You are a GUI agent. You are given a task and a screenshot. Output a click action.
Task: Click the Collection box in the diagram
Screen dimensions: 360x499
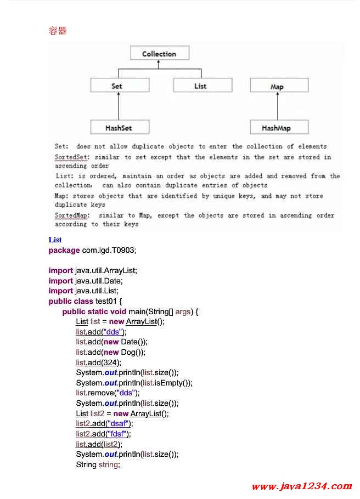coord(160,53)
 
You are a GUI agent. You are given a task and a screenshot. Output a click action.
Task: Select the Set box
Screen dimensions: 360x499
coord(120,86)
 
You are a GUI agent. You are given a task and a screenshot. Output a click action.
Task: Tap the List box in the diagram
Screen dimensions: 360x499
coord(203,86)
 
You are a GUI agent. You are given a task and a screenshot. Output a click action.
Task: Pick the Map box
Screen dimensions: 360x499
coord(279,86)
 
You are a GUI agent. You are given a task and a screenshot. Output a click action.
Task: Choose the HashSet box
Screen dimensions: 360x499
coord(120,127)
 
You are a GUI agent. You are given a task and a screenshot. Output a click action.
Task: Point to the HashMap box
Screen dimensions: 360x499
coord(279,127)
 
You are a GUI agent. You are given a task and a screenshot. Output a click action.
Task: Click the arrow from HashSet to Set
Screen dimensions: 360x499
coord(119,106)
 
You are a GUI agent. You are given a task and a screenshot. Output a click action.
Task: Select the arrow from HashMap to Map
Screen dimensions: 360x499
coord(278,106)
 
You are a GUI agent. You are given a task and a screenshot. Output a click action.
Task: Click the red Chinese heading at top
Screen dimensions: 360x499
coord(58,31)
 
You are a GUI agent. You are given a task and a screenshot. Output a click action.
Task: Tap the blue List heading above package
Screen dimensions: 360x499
coord(55,240)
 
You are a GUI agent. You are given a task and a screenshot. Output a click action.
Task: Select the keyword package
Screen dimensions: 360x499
coord(64,251)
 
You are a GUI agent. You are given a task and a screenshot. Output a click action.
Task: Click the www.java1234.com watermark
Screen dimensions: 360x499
coord(302,486)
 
